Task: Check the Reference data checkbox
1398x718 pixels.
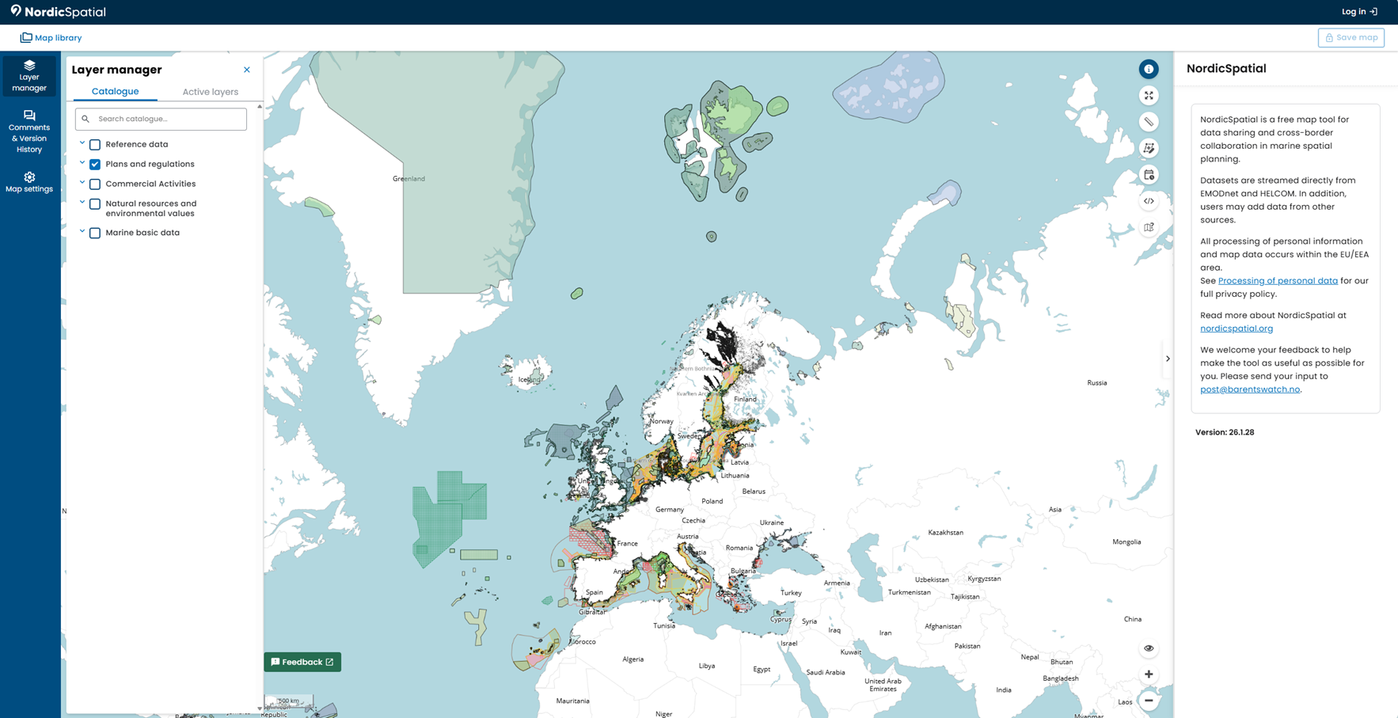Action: click(x=95, y=145)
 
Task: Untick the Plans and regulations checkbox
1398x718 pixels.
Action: click(x=95, y=165)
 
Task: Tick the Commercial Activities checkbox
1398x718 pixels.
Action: click(x=95, y=184)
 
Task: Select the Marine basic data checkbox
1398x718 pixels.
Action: click(x=95, y=233)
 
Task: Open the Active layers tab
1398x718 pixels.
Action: click(x=210, y=92)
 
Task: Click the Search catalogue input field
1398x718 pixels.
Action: click(x=166, y=119)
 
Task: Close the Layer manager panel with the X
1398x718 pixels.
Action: click(x=247, y=70)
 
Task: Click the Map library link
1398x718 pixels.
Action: click(x=51, y=38)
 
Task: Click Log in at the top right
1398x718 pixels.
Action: click(x=1359, y=12)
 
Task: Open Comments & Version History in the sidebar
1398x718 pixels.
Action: click(x=29, y=132)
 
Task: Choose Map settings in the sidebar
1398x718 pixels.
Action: click(x=29, y=183)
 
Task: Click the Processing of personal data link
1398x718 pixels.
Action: click(x=1278, y=281)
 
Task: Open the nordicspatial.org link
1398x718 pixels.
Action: click(x=1237, y=329)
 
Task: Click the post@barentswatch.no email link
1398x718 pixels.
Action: click(x=1249, y=389)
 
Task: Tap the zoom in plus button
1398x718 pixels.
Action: click(x=1149, y=674)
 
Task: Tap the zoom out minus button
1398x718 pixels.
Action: click(x=1149, y=701)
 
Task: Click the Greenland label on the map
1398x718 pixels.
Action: click(x=408, y=179)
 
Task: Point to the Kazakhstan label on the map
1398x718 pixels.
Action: click(x=945, y=533)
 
